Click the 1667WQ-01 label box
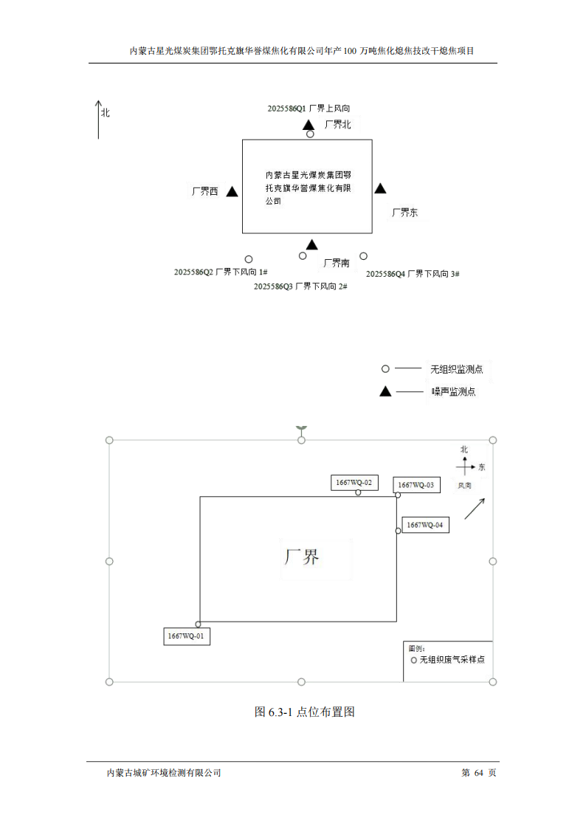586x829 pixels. tap(187, 636)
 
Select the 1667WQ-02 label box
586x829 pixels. tap(355, 483)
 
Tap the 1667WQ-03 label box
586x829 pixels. tap(417, 485)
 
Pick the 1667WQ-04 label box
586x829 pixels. tap(425, 525)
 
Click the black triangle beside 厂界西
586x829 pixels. tap(232, 192)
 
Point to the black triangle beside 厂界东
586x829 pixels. tap(380, 189)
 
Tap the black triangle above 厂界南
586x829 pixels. tap(312, 244)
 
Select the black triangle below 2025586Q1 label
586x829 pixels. tap(308, 124)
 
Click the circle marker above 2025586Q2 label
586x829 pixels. tap(249, 259)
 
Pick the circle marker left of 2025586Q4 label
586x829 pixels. tap(364, 256)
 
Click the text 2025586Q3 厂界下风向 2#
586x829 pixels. tap(300, 286)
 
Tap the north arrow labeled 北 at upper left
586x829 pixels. tap(98, 119)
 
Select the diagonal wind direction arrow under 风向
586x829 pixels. tap(474, 509)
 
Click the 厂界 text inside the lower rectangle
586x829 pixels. tap(302, 557)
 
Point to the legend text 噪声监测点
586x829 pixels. tap(453, 392)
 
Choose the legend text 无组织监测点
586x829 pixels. tap(456, 368)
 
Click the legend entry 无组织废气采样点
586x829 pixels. tap(452, 660)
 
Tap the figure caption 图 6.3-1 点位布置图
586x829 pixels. tap(305, 712)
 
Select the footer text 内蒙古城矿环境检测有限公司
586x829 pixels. tap(164, 773)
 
